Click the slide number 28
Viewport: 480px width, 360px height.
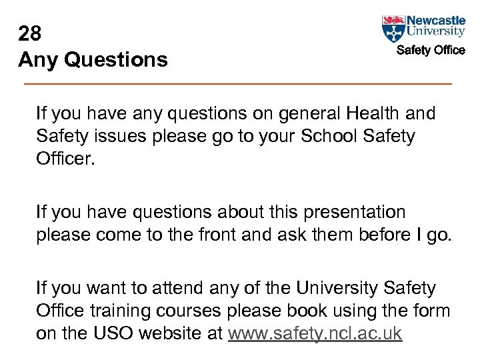(31, 33)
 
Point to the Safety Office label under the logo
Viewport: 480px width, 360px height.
(431, 50)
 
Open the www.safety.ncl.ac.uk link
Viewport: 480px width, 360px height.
(315, 333)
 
